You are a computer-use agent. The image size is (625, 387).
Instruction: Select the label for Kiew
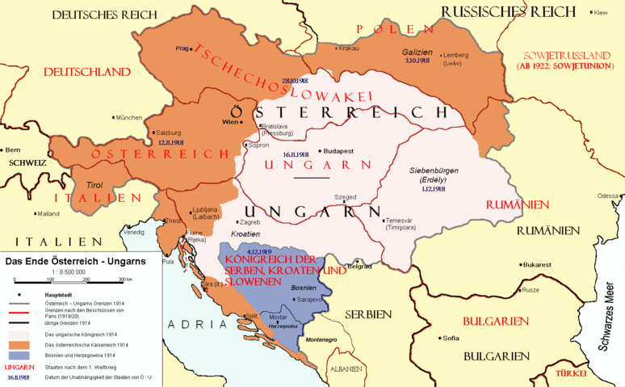(599, 13)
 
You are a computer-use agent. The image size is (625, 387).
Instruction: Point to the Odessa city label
(608, 196)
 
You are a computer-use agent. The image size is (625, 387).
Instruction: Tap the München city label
(129, 118)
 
